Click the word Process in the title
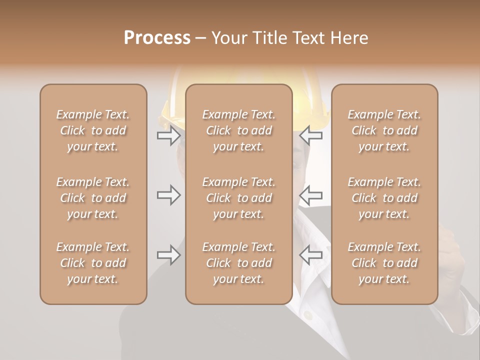click(157, 38)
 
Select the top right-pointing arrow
click(168, 135)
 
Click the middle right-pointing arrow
click(168, 194)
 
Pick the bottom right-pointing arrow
click(168, 255)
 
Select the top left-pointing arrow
click(310, 135)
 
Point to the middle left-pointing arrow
click(310, 194)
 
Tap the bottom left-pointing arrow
click(310, 255)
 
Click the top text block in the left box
click(93, 130)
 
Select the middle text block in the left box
click(93, 198)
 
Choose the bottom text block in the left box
click(93, 263)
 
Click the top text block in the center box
click(238, 130)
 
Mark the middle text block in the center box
click(238, 198)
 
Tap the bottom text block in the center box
click(238, 263)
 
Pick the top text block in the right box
click(384, 130)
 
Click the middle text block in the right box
click(384, 198)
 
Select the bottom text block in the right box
click(384, 263)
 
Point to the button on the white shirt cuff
click(308, 315)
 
